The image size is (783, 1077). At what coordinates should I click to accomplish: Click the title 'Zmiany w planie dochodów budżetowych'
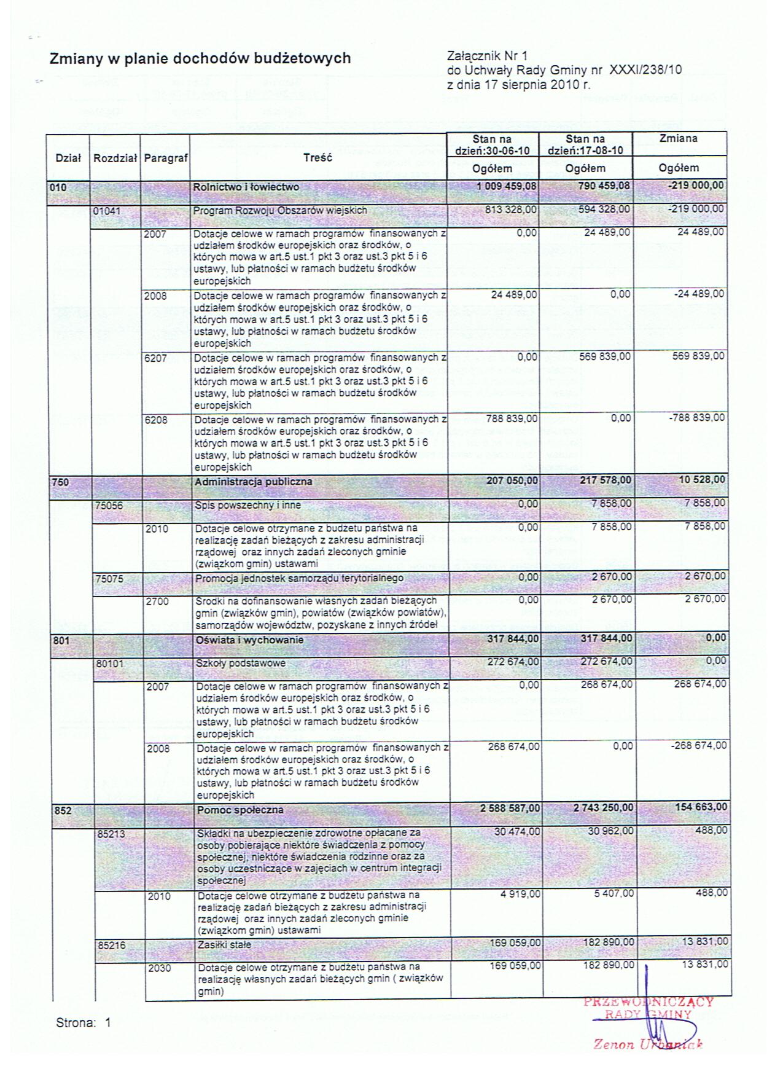200,58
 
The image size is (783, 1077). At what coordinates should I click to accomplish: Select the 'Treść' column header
317,158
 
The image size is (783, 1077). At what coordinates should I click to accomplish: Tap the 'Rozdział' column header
114,158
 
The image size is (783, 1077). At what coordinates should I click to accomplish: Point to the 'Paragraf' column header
165,158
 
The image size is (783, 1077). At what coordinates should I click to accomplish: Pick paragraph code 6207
155,358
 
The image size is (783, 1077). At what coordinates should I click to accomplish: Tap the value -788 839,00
696,418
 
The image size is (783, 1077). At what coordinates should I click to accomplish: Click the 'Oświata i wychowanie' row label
249,640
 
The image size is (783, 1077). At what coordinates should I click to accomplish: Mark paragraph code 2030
158,968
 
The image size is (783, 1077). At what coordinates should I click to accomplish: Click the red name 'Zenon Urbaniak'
647,1044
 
